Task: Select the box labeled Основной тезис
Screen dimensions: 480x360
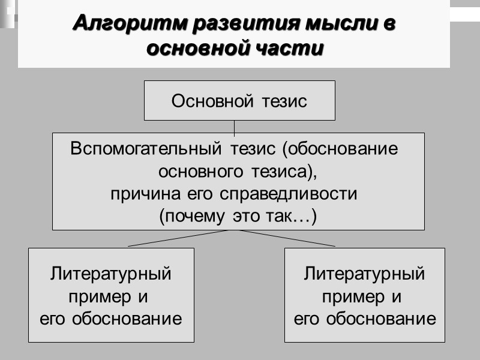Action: (239, 100)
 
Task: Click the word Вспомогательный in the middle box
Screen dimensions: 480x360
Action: (140, 149)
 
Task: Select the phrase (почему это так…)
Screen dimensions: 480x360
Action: (238, 217)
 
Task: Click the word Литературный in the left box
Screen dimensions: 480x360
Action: (111, 274)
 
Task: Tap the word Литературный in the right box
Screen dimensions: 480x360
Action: (365, 274)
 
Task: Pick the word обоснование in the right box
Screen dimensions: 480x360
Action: (381, 319)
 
